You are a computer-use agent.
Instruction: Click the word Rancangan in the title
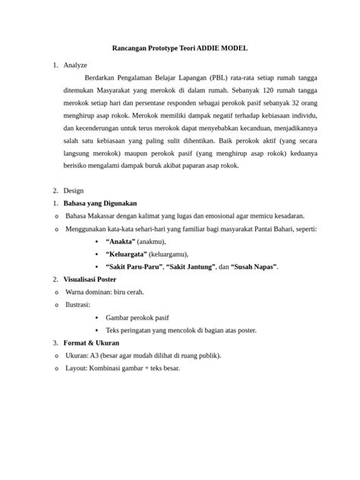click(x=134, y=48)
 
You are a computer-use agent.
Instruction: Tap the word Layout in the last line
click(x=78, y=368)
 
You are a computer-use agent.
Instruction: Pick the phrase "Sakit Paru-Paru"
click(x=135, y=267)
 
